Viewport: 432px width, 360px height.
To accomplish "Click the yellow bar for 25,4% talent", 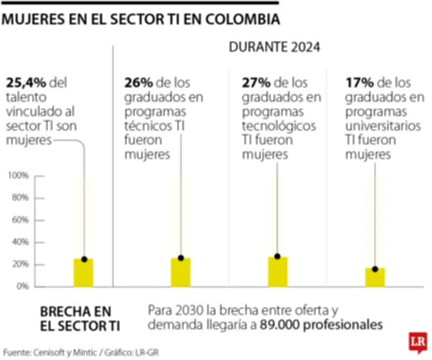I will (84, 272).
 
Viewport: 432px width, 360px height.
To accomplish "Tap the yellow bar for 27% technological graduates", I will (278, 271).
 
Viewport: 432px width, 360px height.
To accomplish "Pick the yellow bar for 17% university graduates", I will (375, 277).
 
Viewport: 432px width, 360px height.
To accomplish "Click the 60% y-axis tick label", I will (20, 220).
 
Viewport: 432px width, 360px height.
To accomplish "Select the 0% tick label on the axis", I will (22, 286).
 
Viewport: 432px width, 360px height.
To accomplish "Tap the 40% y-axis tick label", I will (20, 242).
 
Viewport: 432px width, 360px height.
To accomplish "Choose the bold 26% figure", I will (138, 83).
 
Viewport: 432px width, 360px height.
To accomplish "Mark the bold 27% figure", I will (255, 83).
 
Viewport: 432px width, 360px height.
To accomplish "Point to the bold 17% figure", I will (358, 83).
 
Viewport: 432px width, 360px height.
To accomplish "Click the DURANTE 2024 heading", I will (275, 47).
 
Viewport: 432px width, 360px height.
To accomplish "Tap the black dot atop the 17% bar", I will (375, 269).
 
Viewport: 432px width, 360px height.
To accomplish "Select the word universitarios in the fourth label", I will (382, 125).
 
